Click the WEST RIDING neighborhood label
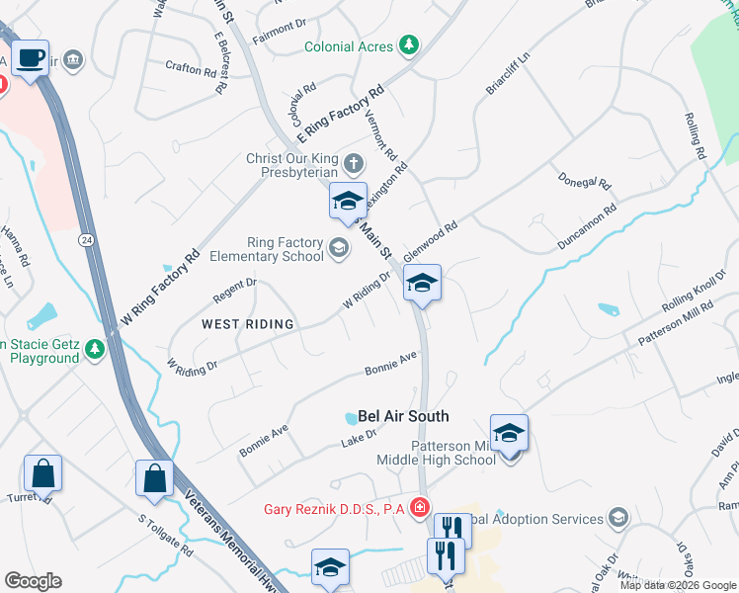248,323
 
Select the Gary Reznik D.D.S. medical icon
422,509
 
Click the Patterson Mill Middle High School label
436,453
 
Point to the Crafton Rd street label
191,70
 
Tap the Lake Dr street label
358,442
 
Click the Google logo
33,581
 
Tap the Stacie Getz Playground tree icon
94,349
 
